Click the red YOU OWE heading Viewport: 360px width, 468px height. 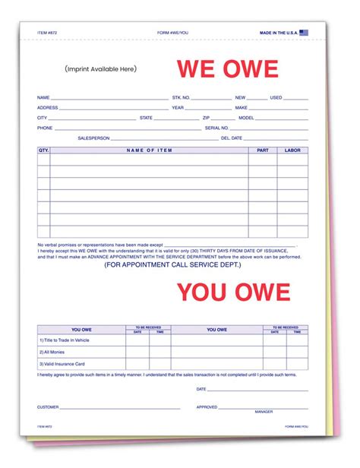(x=233, y=292)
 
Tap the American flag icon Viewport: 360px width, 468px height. (x=304, y=33)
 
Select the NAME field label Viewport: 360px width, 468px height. (x=43, y=98)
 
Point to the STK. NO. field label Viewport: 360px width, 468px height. (x=181, y=98)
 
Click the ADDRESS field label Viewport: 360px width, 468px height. (x=47, y=108)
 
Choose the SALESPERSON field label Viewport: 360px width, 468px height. (x=94, y=138)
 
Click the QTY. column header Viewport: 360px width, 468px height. (x=43, y=150)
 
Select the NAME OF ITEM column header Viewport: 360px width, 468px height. (x=149, y=150)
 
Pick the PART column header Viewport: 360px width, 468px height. (x=263, y=150)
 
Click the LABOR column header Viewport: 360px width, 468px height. (x=293, y=150)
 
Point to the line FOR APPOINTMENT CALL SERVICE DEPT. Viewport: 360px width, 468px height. (x=172, y=264)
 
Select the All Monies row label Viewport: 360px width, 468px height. (x=54, y=353)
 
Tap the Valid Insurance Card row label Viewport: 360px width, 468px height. (x=63, y=364)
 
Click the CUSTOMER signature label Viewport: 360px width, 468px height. (x=48, y=407)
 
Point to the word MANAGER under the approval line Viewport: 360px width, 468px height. (x=264, y=412)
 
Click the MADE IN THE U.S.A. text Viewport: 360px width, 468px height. (x=279, y=33)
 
